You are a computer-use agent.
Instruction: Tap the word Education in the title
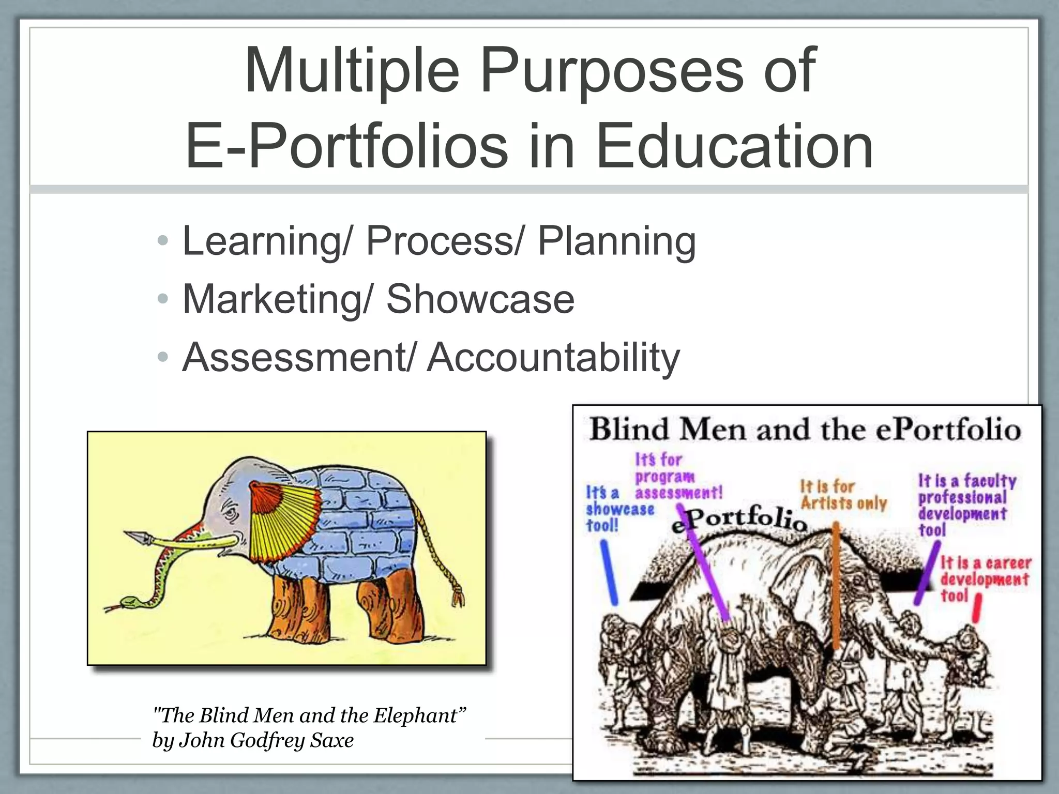point(734,146)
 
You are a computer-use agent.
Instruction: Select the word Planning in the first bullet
point(616,241)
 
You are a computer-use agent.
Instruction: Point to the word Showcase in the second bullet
point(480,299)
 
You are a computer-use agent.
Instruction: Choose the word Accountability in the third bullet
point(553,358)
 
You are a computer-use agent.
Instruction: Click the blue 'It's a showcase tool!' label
point(619,509)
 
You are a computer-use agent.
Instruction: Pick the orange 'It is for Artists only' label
point(843,495)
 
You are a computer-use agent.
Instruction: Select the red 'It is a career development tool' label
point(984,578)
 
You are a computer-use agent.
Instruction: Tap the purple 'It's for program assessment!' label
point(677,476)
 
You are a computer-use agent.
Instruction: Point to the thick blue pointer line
point(609,573)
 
